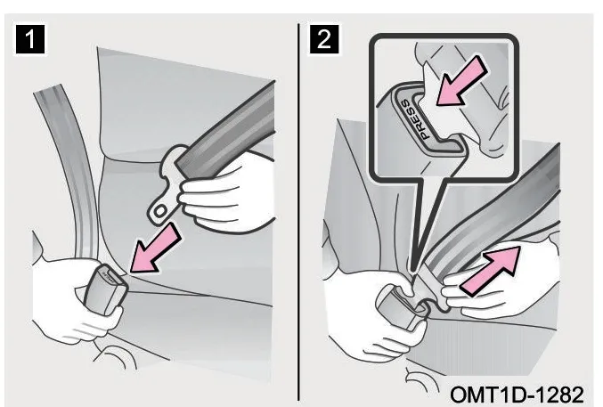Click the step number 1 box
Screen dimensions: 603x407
[30, 39]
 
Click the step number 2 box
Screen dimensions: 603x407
[324, 39]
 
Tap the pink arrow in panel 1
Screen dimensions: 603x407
[155, 249]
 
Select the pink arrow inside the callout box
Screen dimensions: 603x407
[461, 81]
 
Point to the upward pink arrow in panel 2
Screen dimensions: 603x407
[490, 271]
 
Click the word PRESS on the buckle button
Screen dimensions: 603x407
[414, 119]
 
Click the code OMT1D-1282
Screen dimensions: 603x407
[517, 395]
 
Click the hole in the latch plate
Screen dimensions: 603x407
[160, 211]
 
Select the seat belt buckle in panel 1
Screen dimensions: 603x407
[106, 288]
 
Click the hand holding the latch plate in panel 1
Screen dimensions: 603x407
[227, 192]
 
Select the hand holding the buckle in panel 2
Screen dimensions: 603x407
[369, 312]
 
